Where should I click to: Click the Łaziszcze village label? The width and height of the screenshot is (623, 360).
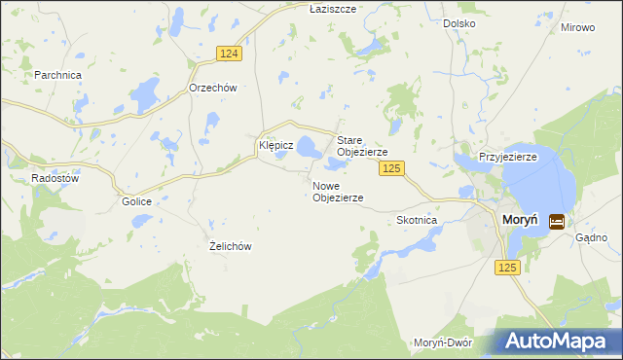tap(333, 8)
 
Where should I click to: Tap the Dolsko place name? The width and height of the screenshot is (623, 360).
tap(458, 22)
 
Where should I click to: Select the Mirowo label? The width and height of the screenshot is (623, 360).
tap(577, 27)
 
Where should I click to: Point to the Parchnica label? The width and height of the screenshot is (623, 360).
tap(57, 74)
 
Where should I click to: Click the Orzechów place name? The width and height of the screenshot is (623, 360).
tap(212, 87)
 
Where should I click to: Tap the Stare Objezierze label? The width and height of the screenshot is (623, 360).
tap(362, 147)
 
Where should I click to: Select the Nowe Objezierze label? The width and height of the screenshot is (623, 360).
tap(338, 191)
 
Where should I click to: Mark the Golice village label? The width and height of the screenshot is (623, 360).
tap(137, 201)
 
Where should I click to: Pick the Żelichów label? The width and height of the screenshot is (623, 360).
tap(231, 246)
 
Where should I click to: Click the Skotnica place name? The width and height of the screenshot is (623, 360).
tap(417, 220)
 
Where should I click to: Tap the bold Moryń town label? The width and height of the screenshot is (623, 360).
tap(522, 221)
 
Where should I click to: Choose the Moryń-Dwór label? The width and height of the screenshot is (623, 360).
tap(443, 342)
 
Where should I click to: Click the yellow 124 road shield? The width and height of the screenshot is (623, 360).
tap(228, 54)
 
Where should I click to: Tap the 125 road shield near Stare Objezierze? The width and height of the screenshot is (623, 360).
tap(391, 169)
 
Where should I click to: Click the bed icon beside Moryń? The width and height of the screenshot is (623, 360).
tap(557, 222)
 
